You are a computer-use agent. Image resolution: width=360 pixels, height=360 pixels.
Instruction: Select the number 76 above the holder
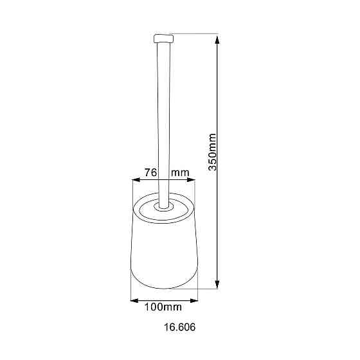pyautogui.click(x=151, y=172)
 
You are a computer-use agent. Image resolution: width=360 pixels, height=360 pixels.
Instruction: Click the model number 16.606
pyautogui.click(x=180, y=327)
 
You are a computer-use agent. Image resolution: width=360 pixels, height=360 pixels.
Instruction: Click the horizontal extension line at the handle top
pyautogui.click(x=193, y=33)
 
